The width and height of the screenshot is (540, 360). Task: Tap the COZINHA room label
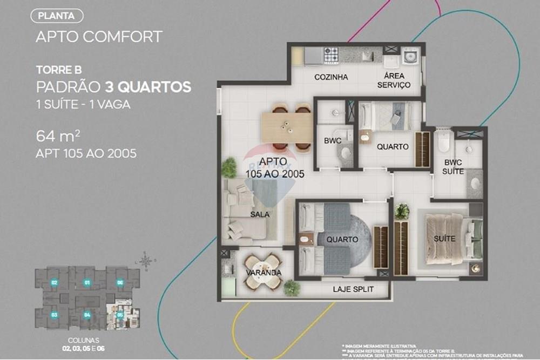(331, 77)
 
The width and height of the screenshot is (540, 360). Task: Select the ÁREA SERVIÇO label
(394, 80)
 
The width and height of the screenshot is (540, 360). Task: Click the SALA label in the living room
(260, 214)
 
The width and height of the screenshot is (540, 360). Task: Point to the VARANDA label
(263, 273)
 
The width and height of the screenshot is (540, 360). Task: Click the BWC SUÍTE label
(454, 167)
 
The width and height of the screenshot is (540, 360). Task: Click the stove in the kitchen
(330, 54)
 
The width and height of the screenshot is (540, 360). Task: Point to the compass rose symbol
(145, 261)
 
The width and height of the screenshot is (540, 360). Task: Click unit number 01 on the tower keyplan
(86, 282)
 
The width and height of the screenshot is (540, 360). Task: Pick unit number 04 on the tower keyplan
(86, 314)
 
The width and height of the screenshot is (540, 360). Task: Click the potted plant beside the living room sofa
(229, 167)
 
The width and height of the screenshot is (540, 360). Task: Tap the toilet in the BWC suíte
(443, 141)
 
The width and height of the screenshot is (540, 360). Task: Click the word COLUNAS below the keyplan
(84, 341)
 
